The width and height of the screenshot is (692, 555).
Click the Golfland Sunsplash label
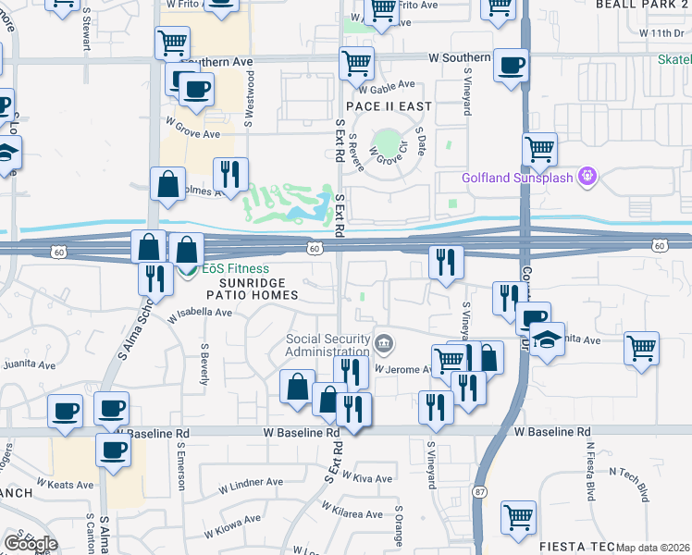click(x=518, y=177)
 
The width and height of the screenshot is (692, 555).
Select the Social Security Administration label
click(x=327, y=345)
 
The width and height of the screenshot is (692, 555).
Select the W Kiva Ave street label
click(x=366, y=478)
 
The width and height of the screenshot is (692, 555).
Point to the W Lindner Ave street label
click(x=251, y=482)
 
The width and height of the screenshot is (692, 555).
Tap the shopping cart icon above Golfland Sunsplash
click(x=540, y=149)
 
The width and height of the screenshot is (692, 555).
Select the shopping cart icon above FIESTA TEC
click(x=519, y=517)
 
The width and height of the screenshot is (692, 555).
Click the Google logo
click(x=31, y=544)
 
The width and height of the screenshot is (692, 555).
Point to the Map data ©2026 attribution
click(x=653, y=548)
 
